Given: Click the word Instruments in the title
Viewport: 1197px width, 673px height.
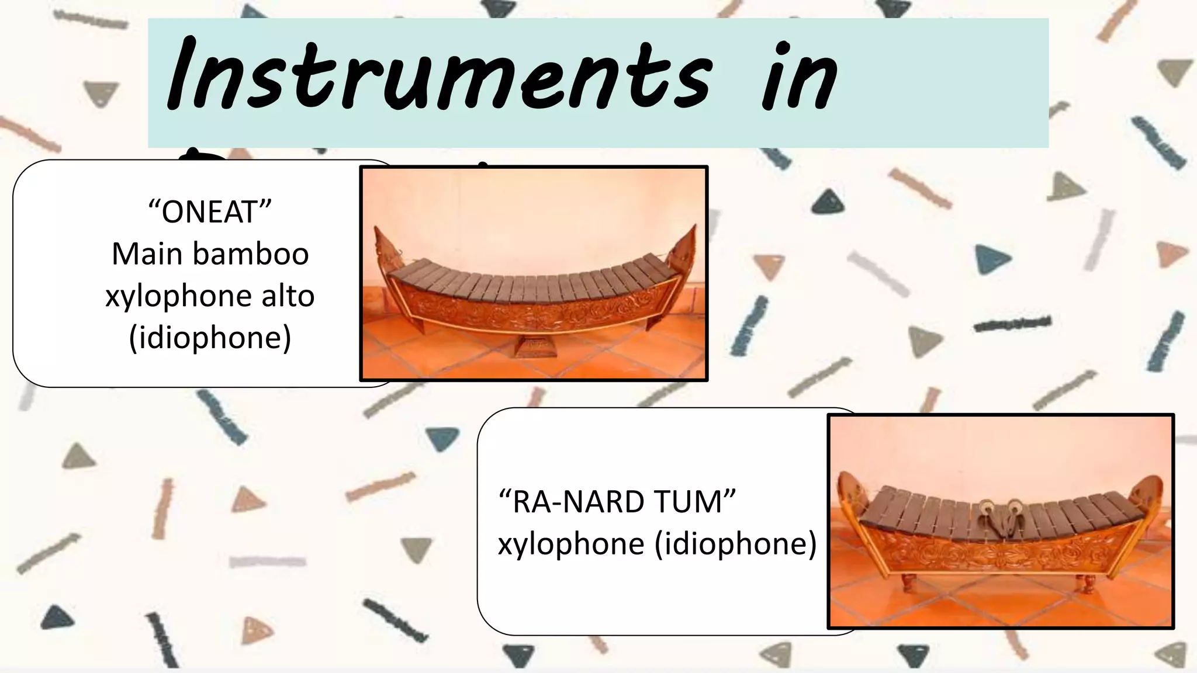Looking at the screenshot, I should click(438, 76).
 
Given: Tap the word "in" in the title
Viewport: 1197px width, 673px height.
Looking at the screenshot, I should click(800, 79).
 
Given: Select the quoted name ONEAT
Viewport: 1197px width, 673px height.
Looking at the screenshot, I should click(210, 211).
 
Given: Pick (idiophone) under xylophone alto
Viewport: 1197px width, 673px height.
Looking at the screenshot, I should click(210, 338).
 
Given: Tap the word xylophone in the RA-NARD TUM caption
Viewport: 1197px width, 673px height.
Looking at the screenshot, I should click(570, 544).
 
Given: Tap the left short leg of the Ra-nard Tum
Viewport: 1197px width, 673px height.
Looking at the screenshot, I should click(907, 582).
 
